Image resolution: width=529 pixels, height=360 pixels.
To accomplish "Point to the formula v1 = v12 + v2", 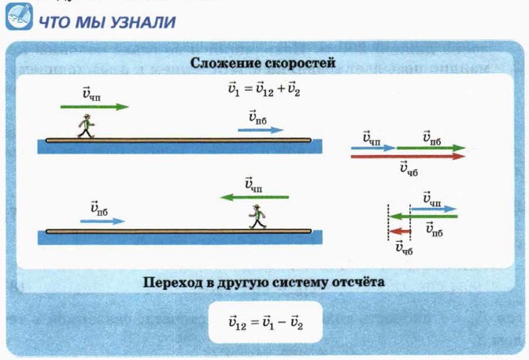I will click(x=264, y=89).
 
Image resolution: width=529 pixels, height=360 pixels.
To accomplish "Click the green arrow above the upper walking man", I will click(x=94, y=106).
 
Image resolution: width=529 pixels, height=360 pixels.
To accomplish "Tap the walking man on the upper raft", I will click(x=85, y=126).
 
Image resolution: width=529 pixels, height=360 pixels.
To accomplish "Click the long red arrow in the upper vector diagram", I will click(x=408, y=156).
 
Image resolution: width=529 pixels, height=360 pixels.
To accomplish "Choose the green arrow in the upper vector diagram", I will click(x=431, y=147).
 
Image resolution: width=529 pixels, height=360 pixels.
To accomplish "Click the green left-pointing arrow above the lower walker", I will click(x=254, y=197).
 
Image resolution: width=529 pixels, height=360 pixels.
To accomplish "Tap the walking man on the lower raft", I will click(x=257, y=217).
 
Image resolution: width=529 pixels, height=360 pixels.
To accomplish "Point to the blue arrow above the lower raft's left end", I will click(x=101, y=222).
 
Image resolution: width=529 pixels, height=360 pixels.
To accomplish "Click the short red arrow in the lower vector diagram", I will click(x=401, y=232).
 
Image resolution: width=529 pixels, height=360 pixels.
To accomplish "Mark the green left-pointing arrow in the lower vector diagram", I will click(x=424, y=216).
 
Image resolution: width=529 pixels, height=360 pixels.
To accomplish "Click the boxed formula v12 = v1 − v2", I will click(x=264, y=321).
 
